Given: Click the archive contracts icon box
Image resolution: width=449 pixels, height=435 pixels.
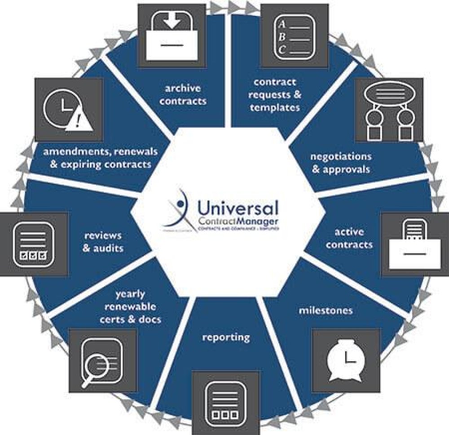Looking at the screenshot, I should click(x=172, y=36).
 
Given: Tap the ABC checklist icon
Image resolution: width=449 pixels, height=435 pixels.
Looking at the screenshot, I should click(x=294, y=36).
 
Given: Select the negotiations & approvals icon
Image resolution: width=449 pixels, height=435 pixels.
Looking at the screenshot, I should click(x=389, y=110).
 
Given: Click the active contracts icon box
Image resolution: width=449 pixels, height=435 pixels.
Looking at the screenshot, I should click(x=414, y=244).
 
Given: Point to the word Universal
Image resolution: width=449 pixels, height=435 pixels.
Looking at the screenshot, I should click(x=238, y=208).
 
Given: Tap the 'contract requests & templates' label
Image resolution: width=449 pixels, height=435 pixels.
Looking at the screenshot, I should click(x=275, y=95).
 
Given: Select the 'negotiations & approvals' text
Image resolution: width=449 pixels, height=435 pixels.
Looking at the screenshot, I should click(x=341, y=163).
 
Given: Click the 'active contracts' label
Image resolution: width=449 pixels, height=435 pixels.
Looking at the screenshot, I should click(x=349, y=238).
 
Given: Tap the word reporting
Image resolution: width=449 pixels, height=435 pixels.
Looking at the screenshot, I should click(x=225, y=337).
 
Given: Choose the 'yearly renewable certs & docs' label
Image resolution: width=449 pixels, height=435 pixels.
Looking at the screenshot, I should click(x=130, y=306).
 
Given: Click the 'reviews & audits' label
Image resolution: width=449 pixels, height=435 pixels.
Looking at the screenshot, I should click(x=103, y=241).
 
